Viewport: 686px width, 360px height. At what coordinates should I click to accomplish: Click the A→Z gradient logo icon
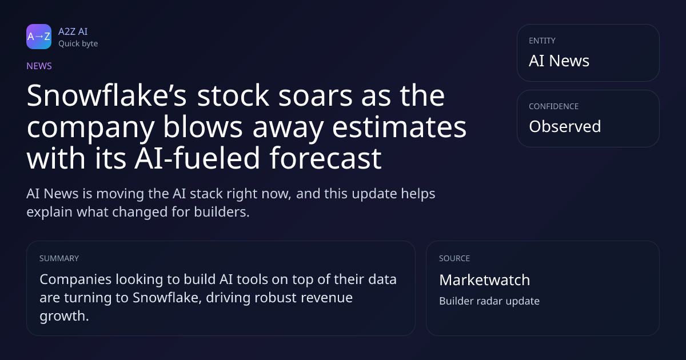tap(39, 37)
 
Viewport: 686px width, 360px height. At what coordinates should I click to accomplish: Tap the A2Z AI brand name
tap(73, 31)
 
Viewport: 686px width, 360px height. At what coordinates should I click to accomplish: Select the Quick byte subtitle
tap(78, 44)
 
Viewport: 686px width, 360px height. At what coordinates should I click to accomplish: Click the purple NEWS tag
tap(39, 66)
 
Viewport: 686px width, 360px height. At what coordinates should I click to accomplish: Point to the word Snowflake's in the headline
tap(106, 95)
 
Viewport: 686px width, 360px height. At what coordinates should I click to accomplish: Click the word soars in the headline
tap(316, 96)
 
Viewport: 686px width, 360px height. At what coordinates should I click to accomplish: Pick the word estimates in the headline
tap(399, 127)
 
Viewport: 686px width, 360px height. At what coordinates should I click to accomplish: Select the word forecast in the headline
tap(326, 158)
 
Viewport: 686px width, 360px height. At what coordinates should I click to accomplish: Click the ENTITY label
tap(542, 41)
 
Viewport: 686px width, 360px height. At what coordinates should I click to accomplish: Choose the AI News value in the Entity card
tap(559, 61)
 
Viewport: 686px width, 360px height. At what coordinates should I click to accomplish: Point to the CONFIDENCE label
tap(554, 106)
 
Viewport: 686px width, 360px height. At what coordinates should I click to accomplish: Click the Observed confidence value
tap(565, 126)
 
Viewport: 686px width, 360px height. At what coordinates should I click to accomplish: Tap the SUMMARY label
tap(59, 258)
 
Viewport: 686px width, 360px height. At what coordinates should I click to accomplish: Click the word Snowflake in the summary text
tap(165, 298)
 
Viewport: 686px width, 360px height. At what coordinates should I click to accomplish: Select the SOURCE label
tap(454, 258)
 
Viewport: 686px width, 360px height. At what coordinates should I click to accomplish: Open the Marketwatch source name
tap(485, 280)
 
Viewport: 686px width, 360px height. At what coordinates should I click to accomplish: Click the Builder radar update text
tap(489, 301)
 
